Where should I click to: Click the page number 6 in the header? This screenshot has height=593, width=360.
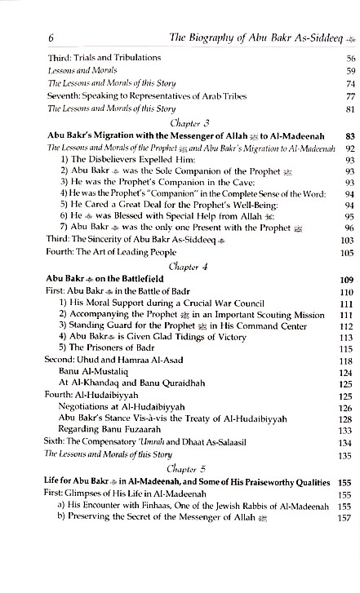coord(29,37)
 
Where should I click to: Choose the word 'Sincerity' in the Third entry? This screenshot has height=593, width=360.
coord(90,241)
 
